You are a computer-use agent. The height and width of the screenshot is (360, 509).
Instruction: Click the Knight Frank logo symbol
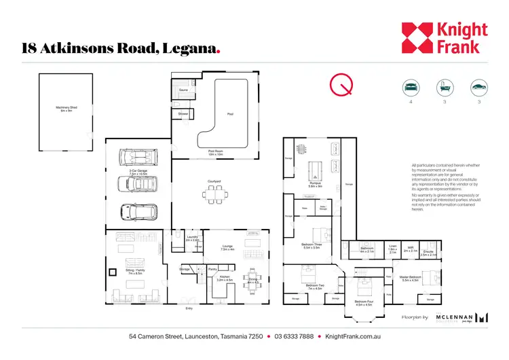pyautogui.click(x=416, y=38)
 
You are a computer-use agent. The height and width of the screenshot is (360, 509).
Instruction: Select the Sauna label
pyautogui.click(x=183, y=90)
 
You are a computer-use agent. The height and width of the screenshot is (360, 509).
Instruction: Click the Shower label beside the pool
pyautogui.click(x=183, y=113)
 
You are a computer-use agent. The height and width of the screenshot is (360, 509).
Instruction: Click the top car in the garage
pyautogui.click(x=136, y=158)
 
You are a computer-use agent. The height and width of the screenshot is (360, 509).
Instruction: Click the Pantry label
pyautogui.click(x=212, y=269)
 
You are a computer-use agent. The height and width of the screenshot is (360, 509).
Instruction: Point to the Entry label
pyautogui.click(x=189, y=308)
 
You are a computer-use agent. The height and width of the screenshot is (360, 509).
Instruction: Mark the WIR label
pyautogui.click(x=411, y=248)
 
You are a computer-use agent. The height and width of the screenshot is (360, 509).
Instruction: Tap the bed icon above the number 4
pyautogui.click(x=410, y=87)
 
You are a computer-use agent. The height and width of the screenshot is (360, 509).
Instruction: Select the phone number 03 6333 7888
pyautogui.click(x=294, y=336)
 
